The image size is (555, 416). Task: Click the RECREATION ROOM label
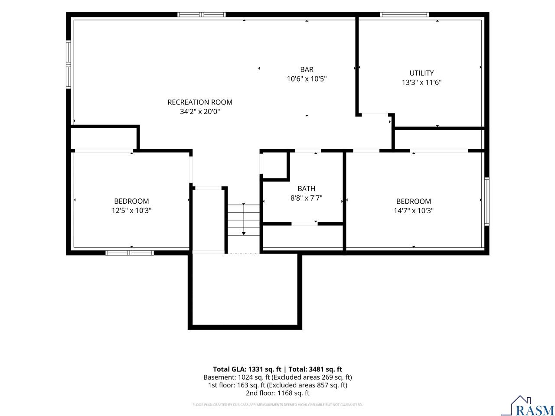[x=200, y=102]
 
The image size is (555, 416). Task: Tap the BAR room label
[x=307, y=69]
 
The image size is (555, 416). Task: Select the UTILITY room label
[x=421, y=73]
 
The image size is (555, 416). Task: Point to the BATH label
[x=307, y=188]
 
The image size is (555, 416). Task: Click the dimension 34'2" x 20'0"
[x=200, y=111]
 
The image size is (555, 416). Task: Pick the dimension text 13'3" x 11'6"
[x=421, y=82]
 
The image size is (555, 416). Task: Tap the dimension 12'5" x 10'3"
[x=131, y=211]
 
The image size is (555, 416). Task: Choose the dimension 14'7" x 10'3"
[x=414, y=211]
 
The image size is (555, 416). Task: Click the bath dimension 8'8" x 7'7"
[x=307, y=198]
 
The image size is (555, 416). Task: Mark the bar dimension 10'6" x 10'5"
[x=307, y=79]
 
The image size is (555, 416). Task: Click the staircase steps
[x=244, y=220]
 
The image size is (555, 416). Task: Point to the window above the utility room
[x=404, y=14]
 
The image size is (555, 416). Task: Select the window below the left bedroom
[x=130, y=253]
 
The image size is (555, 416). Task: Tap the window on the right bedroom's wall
[x=487, y=201]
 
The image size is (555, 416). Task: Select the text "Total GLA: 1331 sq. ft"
[x=247, y=369]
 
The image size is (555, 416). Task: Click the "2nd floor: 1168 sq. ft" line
[x=277, y=393]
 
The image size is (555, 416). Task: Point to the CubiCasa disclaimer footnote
[x=277, y=405]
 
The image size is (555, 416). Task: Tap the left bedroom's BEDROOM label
[x=131, y=201]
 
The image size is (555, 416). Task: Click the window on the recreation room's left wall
[x=68, y=65]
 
